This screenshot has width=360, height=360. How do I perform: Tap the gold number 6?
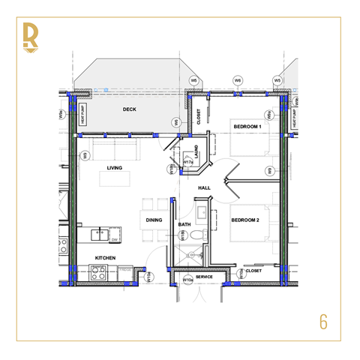point(323,322)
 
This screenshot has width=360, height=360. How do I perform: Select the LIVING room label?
point(114,168)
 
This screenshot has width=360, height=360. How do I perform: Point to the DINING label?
point(154,220)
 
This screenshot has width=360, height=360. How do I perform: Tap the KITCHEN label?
point(104,258)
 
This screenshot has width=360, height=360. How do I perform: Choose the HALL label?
point(204,187)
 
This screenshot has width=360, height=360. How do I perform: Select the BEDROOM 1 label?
point(246,126)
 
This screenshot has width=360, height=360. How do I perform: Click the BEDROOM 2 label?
point(245,220)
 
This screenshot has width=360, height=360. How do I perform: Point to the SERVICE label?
point(204,277)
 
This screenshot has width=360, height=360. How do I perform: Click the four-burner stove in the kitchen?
point(99,274)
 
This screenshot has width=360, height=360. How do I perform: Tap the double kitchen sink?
point(99,235)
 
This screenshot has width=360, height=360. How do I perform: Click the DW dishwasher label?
point(114,240)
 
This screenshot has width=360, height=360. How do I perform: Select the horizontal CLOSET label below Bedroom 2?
point(253,271)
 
